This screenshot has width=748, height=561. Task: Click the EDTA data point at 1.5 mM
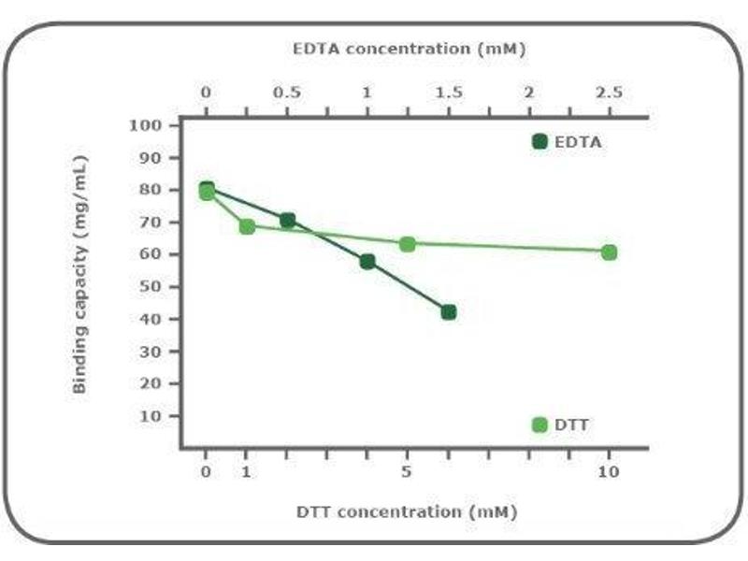449,311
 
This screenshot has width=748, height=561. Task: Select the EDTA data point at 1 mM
367,261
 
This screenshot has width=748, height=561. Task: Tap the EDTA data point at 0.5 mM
287,221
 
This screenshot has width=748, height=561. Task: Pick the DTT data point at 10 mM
609,252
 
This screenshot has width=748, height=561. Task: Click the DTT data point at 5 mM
408,244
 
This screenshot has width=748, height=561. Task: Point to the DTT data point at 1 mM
247,226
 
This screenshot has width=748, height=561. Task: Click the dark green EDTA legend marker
539,142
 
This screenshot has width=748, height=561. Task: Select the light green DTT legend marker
539,424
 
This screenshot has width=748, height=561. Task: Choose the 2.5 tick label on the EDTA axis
609,93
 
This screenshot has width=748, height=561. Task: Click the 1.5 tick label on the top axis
449,93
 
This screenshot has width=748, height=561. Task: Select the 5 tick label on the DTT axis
407,472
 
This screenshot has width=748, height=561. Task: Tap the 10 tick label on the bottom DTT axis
609,472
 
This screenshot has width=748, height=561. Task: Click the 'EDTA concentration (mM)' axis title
408,48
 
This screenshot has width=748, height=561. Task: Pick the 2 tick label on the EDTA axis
529,93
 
